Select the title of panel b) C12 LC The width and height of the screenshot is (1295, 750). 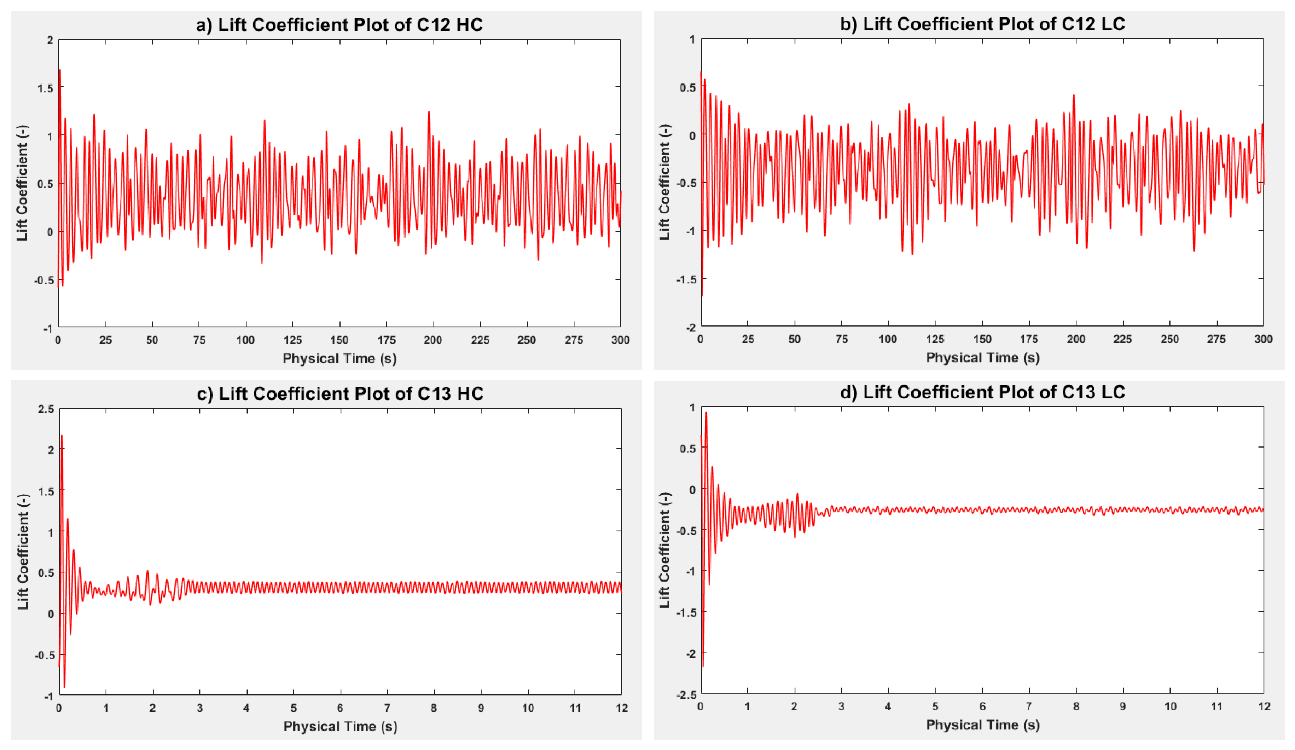click(982, 24)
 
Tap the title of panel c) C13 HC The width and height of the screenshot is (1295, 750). click(340, 393)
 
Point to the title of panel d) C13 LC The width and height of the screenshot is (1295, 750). click(982, 392)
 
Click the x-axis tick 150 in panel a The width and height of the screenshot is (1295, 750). click(339, 340)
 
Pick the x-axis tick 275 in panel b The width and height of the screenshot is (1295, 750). click(1216, 339)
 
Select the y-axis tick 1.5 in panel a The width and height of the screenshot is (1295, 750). click(45, 88)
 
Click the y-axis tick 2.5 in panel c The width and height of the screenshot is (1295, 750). click(45, 409)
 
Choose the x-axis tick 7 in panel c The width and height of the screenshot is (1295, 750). click(387, 708)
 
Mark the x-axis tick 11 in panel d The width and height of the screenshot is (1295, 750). click(1217, 707)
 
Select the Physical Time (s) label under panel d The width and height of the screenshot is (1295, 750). click(982, 725)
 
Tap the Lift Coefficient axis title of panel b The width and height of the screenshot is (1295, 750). click(664, 183)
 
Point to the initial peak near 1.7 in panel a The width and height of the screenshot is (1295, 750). click(60, 70)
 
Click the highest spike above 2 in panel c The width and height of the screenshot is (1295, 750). click(62, 436)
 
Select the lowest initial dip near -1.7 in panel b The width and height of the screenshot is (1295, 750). click(702, 295)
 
